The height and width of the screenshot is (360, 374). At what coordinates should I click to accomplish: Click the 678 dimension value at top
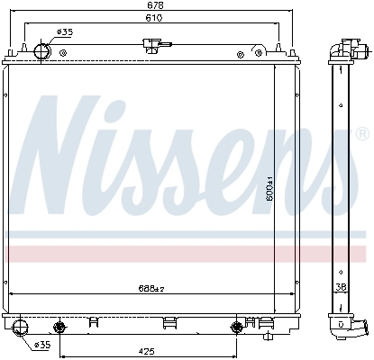click(156, 5)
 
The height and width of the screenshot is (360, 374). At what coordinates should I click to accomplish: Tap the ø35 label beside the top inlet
click(64, 32)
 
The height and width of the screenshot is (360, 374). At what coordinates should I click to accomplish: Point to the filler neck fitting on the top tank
click(154, 45)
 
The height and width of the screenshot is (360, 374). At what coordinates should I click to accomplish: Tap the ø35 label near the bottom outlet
click(41, 344)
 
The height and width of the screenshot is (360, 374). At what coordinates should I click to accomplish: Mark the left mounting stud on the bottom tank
click(60, 325)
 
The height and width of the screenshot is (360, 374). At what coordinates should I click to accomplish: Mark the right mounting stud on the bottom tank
click(238, 325)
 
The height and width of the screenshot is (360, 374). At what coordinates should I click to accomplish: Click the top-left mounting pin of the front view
click(12, 51)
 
